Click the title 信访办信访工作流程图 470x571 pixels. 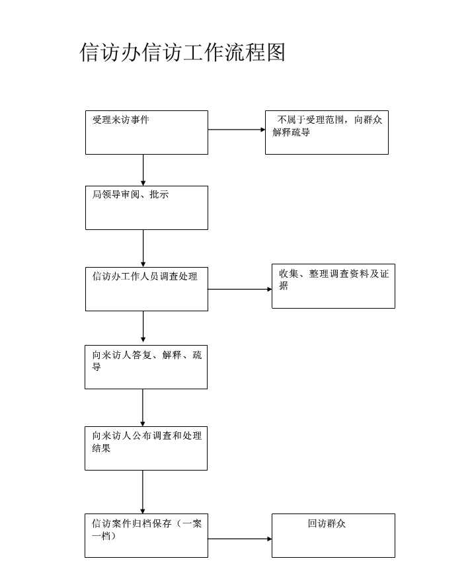[182, 52]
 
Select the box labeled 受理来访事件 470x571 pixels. [146, 132]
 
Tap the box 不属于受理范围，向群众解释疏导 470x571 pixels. [327, 132]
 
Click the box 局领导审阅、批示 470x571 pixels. [146, 208]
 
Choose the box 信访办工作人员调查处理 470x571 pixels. [146, 289]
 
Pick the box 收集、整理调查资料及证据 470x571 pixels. [333, 286]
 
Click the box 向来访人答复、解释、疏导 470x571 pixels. [145, 367]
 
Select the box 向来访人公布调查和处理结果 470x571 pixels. [145, 448]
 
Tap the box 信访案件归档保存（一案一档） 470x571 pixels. [145, 535]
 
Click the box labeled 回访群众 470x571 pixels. [333, 535]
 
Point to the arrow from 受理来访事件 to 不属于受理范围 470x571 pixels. [237, 130]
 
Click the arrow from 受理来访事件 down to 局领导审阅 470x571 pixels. [143, 170]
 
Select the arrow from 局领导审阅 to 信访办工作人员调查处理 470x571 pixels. [143, 248]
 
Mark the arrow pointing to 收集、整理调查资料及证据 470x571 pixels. [240, 289]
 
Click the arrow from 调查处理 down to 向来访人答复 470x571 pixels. [143, 326]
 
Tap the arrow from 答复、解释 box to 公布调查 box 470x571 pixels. [143, 408]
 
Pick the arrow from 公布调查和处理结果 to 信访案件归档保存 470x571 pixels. [143, 492]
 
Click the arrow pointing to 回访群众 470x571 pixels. [240, 539]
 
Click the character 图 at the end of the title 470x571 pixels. [276, 52]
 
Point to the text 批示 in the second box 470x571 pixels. [159, 195]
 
